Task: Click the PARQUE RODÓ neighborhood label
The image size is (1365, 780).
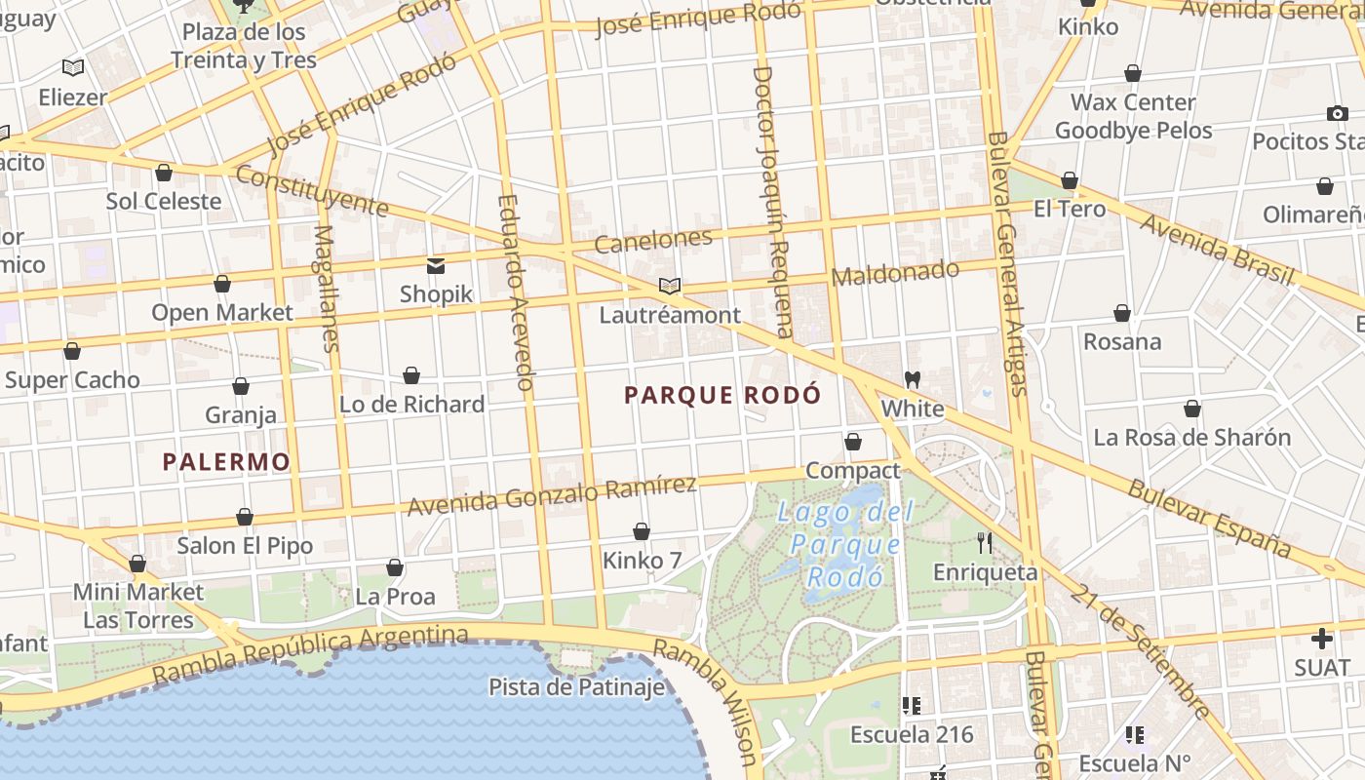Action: tap(722, 395)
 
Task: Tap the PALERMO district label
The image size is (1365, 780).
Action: tap(226, 462)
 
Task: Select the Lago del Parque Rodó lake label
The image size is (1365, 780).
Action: tap(845, 543)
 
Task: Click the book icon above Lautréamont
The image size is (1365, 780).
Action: tap(669, 286)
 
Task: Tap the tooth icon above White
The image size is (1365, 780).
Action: tap(913, 378)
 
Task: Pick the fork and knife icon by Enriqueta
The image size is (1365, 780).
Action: tap(985, 541)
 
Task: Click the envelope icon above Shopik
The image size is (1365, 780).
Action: tap(435, 265)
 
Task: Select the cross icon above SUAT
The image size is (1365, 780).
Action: tap(1322, 639)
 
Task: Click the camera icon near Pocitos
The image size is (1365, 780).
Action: tap(1338, 113)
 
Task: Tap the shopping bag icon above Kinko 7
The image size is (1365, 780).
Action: tap(642, 531)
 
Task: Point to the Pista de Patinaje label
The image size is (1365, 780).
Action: tap(577, 687)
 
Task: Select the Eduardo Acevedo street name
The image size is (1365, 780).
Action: tap(516, 292)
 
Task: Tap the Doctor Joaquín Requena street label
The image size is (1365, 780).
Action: tap(773, 201)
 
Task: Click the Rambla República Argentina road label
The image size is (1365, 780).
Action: tap(310, 654)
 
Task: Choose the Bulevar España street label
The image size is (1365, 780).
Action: tap(1209, 518)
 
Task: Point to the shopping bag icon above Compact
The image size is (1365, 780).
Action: tap(853, 442)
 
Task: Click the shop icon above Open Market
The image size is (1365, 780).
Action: tap(222, 284)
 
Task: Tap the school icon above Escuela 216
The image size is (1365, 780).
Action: tap(912, 705)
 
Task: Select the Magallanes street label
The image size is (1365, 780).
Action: tap(327, 289)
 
